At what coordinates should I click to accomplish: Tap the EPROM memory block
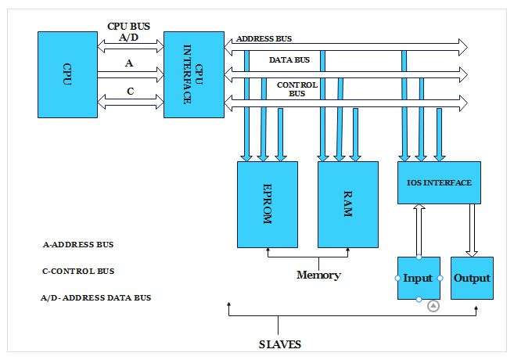(267, 204)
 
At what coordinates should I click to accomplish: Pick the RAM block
(347, 204)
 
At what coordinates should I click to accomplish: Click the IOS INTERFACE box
(439, 182)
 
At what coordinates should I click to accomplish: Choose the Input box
(419, 278)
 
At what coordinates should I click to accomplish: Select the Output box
(472, 278)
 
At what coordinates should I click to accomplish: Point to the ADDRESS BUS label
(264, 38)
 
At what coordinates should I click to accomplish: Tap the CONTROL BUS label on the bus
(297, 88)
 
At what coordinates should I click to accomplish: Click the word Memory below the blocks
(318, 275)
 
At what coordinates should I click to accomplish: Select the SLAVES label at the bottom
(279, 344)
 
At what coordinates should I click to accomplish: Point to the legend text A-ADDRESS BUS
(78, 244)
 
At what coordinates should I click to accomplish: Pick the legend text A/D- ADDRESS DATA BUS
(95, 297)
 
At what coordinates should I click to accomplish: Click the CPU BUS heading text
(129, 25)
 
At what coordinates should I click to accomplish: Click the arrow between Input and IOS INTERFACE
(419, 230)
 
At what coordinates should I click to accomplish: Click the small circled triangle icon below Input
(433, 306)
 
